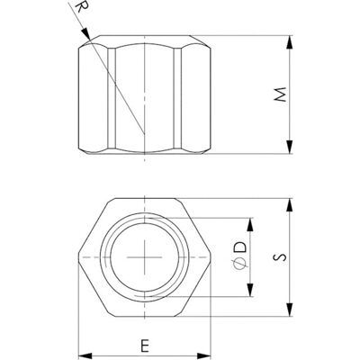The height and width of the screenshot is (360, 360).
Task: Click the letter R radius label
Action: [x=78, y=7]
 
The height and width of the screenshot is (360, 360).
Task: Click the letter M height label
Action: [x=281, y=94]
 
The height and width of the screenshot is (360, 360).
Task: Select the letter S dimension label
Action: [x=280, y=257]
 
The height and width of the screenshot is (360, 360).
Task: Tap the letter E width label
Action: [x=145, y=346]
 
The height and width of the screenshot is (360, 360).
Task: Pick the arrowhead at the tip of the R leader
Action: [x=85, y=33]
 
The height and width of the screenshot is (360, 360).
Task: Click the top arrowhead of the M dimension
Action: [x=289, y=42]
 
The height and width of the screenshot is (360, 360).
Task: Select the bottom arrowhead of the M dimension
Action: [x=289, y=147]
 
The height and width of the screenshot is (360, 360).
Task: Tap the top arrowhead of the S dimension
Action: [x=290, y=205]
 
